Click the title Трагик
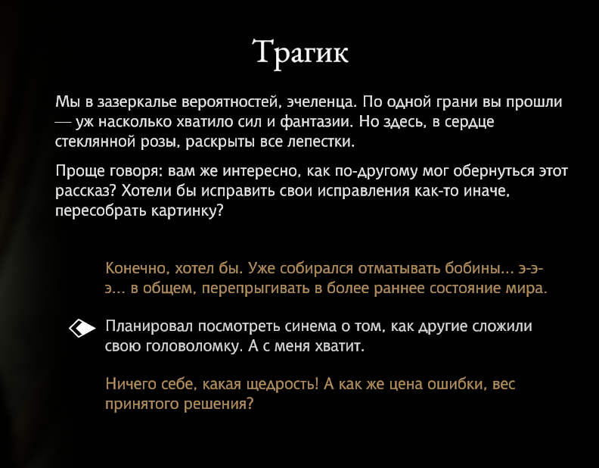300,53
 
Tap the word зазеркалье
137,102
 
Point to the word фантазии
317,122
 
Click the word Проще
80,171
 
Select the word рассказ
85,191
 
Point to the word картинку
188,211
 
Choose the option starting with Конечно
326,278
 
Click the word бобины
478,268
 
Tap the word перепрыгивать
256,289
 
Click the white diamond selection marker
82,328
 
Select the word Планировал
149,326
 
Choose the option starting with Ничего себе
310,394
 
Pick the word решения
219,404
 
